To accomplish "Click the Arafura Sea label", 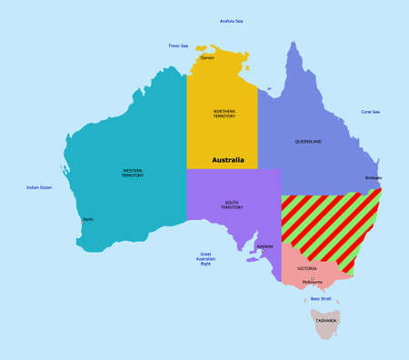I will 232,21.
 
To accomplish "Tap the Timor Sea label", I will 178,45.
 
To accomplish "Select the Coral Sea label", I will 370,112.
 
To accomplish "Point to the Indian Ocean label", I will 39,187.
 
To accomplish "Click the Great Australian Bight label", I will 205,259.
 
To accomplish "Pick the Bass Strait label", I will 321,298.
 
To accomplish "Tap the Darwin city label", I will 207,57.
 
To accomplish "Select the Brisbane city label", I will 374,178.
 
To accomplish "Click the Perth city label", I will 88,219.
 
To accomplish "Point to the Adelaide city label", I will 264,246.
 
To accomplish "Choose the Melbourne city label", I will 313,282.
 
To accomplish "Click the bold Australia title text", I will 228,160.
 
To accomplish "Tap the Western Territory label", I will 133,172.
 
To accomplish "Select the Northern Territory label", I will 224,114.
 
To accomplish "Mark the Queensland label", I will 308,142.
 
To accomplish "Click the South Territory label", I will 232,205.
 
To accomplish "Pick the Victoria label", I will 306,269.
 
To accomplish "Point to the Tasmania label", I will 326,321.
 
